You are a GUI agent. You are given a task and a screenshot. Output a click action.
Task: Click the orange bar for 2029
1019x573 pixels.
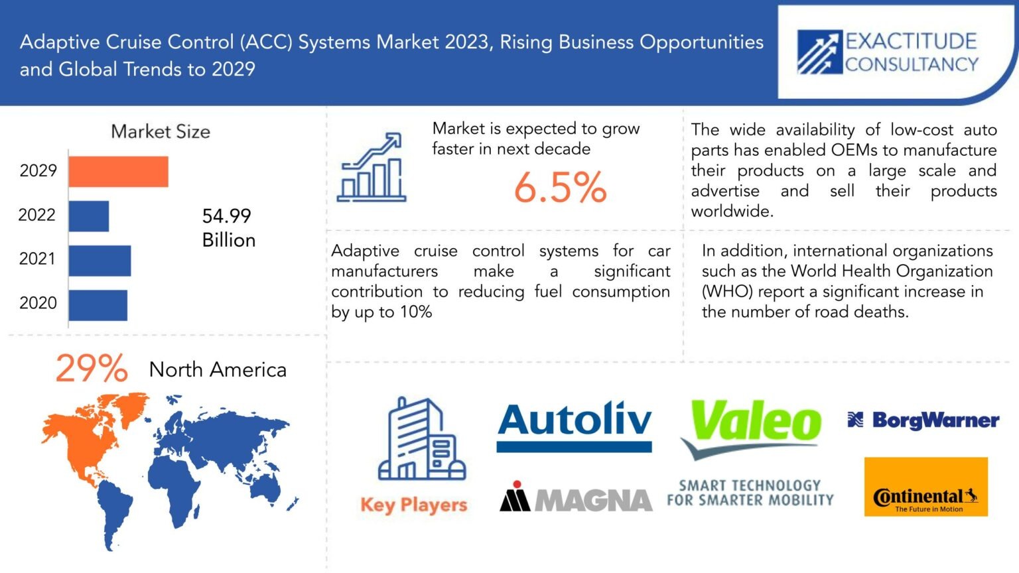tap(119, 172)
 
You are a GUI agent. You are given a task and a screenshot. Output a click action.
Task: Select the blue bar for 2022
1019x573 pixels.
tap(89, 216)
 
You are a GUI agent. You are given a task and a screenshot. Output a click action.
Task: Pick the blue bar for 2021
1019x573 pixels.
tap(100, 261)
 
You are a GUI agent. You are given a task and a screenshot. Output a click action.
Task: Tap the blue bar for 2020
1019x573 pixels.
tap(98, 305)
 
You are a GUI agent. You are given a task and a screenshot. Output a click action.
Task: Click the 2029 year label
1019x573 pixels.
tap(38, 170)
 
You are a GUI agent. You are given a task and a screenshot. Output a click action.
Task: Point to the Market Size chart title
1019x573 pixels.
tap(161, 131)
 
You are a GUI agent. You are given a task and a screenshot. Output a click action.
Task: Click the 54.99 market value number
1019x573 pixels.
tap(226, 216)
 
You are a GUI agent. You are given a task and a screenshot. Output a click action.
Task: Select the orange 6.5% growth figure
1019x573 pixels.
tap(561, 187)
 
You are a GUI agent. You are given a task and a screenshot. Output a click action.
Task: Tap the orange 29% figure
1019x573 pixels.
tap(92, 368)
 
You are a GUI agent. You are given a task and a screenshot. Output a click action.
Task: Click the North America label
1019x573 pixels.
tap(218, 369)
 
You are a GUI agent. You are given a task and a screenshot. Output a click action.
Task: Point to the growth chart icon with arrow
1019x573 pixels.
tap(372, 167)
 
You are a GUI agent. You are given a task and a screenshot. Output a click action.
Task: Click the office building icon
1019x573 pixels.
tap(422, 439)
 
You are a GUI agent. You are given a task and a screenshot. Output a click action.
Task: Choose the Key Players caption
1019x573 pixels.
tap(414, 505)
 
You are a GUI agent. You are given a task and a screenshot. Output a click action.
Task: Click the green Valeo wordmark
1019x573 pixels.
tap(756, 420)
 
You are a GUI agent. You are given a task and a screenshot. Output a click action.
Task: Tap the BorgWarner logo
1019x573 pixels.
tap(923, 420)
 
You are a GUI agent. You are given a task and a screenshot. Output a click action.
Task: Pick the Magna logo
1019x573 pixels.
tap(575, 497)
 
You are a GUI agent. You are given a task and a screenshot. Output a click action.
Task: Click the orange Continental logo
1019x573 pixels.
tap(926, 487)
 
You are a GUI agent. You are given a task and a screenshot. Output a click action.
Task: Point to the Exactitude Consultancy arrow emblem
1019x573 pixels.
tap(820, 52)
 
